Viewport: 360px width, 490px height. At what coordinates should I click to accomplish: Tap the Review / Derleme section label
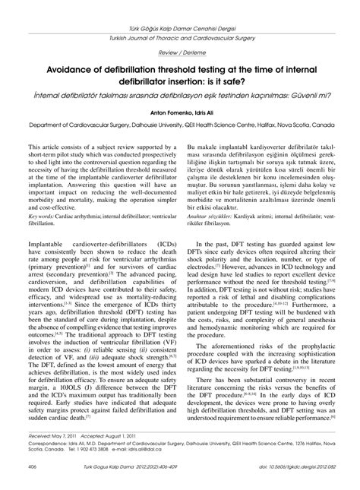point(180,52)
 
